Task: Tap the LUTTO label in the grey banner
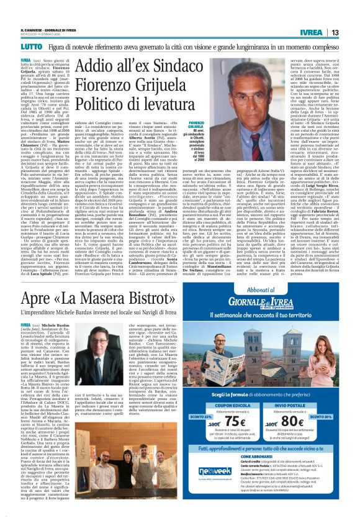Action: pyautogui.click(x=31, y=47)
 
